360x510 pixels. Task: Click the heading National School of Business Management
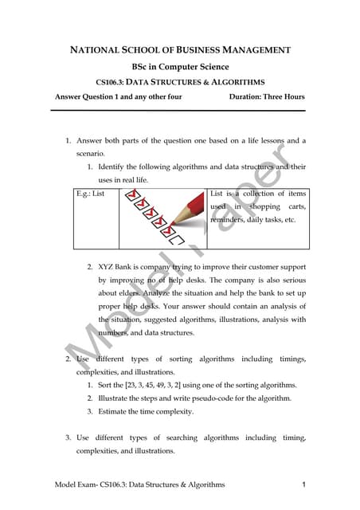point(180,50)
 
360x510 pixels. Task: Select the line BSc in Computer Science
point(180,66)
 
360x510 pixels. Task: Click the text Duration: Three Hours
point(266,97)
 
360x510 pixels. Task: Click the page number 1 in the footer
point(305,484)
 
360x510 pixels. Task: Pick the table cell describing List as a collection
point(256,206)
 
